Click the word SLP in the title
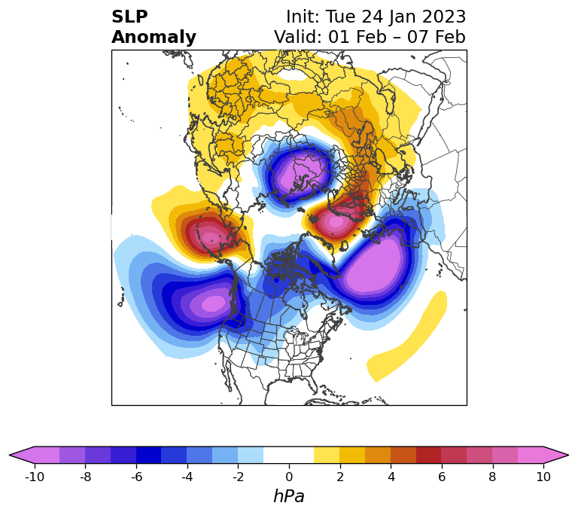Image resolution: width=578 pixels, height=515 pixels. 129,17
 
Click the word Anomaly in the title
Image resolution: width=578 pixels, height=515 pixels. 154,38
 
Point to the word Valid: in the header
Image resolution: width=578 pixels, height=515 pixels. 298,37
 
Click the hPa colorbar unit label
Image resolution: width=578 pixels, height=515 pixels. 289,496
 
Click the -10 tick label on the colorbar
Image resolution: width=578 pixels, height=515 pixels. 35,477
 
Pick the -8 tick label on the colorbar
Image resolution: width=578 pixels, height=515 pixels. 85,477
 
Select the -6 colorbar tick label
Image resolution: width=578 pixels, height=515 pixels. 136,477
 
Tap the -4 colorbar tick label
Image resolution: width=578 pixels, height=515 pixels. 187,477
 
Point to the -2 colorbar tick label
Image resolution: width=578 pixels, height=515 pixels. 238,477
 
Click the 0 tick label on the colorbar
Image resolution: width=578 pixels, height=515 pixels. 289,477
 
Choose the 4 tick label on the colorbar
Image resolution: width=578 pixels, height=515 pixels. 391,477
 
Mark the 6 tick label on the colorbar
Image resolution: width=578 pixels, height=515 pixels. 442,477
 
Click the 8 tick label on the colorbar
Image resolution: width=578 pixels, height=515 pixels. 492,477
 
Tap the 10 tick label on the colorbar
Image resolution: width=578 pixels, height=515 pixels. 543,477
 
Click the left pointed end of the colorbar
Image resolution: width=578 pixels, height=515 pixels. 10,455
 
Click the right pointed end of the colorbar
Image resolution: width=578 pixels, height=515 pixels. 568,455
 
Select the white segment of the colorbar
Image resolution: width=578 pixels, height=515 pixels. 289,455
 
